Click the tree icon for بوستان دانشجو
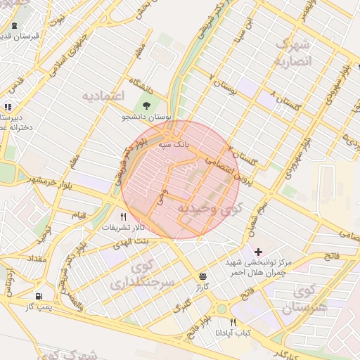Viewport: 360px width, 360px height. (x=146, y=106)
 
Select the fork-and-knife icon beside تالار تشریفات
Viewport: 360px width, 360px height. (x=123, y=217)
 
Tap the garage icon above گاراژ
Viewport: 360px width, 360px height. (x=203, y=276)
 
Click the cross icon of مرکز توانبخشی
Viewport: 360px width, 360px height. (x=259, y=251)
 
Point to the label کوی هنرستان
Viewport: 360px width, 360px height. (x=306, y=299)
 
